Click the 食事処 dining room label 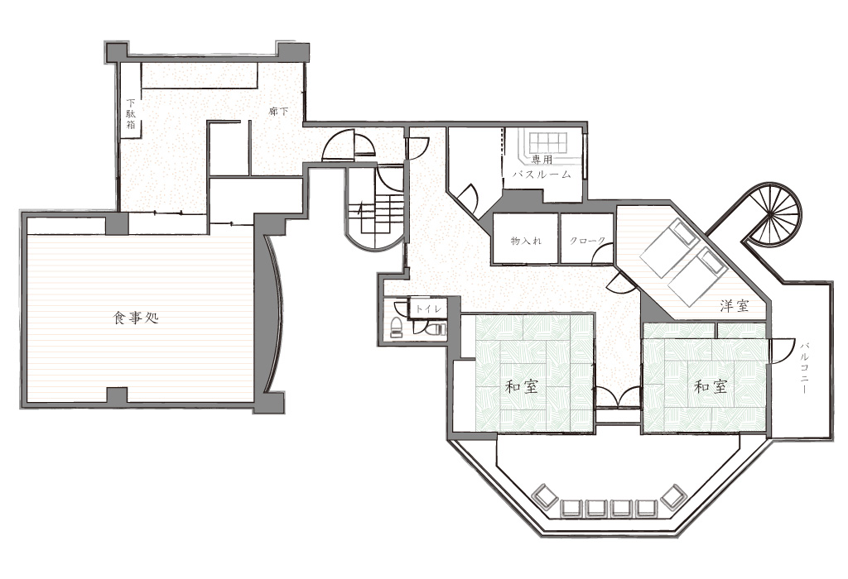[x=135, y=318]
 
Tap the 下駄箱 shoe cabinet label [x=130, y=113]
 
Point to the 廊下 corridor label [x=278, y=112]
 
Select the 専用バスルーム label [x=541, y=167]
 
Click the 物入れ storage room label [x=526, y=241]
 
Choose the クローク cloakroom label [x=587, y=241]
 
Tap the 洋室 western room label [x=735, y=306]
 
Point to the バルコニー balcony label [x=803, y=367]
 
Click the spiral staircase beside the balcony [x=774, y=213]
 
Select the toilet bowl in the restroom [x=397, y=327]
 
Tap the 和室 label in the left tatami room [x=522, y=387]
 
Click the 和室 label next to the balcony [x=711, y=387]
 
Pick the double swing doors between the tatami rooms [x=617, y=397]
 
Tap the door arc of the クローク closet [x=604, y=253]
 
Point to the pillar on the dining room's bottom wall [x=116, y=396]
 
